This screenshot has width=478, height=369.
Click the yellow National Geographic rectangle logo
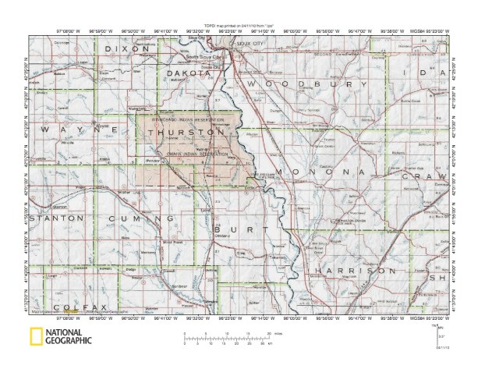coord(37,338)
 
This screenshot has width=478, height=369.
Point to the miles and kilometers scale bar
coord(226,337)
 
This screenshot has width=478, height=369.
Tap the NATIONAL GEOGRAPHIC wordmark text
coord(68,338)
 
